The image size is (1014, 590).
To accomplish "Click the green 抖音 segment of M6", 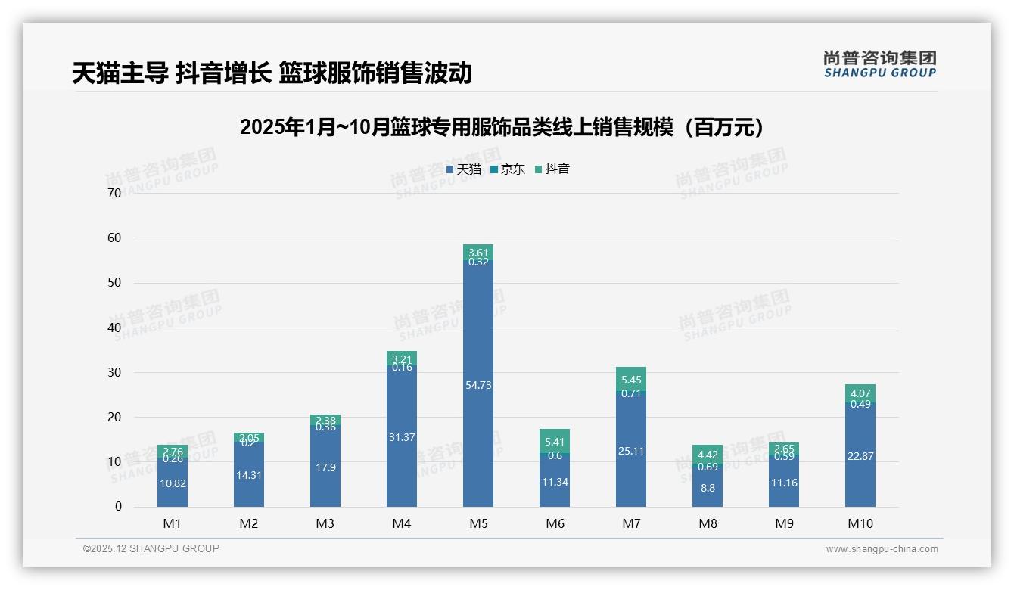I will click(554, 441).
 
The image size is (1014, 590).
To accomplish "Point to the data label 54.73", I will click(477, 385).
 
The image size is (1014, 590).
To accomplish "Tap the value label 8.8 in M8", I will click(707, 488).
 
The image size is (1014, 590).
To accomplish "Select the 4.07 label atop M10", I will click(860, 393).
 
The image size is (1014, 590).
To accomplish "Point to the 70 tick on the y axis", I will click(114, 193).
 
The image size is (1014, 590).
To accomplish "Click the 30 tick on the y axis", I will click(114, 372).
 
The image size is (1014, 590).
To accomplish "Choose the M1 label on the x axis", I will click(172, 523).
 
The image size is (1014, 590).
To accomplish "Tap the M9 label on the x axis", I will click(783, 523).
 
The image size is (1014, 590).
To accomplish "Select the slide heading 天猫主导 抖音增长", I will click(272, 73).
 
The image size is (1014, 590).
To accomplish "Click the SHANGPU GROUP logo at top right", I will click(879, 64).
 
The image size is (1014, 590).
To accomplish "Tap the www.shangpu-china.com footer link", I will click(882, 549).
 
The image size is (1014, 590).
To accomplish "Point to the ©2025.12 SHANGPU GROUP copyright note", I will click(151, 549).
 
